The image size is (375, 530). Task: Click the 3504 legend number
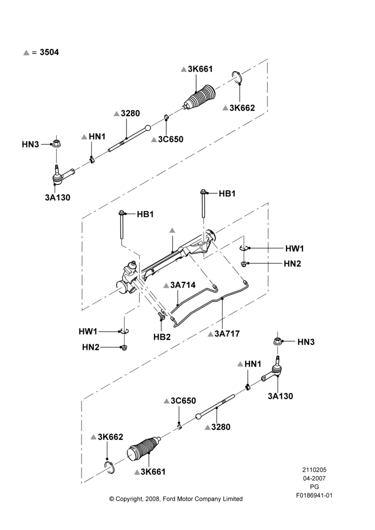point(49,52)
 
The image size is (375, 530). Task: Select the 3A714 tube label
point(183,285)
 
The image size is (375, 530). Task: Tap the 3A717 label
point(227,333)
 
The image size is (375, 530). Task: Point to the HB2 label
point(162,337)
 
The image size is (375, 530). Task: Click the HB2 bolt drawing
point(161,316)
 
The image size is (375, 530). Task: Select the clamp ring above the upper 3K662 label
point(237,77)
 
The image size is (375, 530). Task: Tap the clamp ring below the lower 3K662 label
point(110,467)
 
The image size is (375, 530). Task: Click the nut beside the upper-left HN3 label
point(56,143)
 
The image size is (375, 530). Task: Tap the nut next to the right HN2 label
point(243,263)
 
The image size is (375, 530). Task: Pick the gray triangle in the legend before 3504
point(26,52)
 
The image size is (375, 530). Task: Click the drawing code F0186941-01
point(314,496)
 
